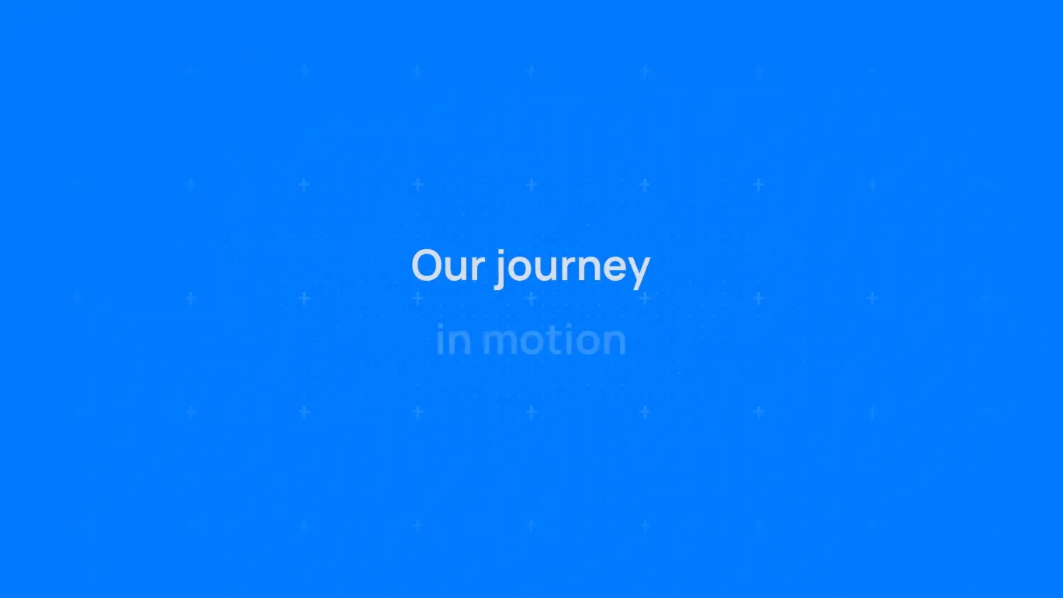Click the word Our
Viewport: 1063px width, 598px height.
pos(448,265)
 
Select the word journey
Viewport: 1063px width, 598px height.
pos(573,268)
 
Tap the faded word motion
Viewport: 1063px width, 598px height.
pos(554,339)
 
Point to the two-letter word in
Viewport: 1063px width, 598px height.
pos(454,339)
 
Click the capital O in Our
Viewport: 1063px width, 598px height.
pos(426,265)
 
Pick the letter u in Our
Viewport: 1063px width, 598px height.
pos(456,271)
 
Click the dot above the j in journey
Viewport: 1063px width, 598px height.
pos(500,252)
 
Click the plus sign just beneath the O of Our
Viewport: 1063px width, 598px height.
pos(417,299)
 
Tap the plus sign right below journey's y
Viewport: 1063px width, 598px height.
pos(645,299)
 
